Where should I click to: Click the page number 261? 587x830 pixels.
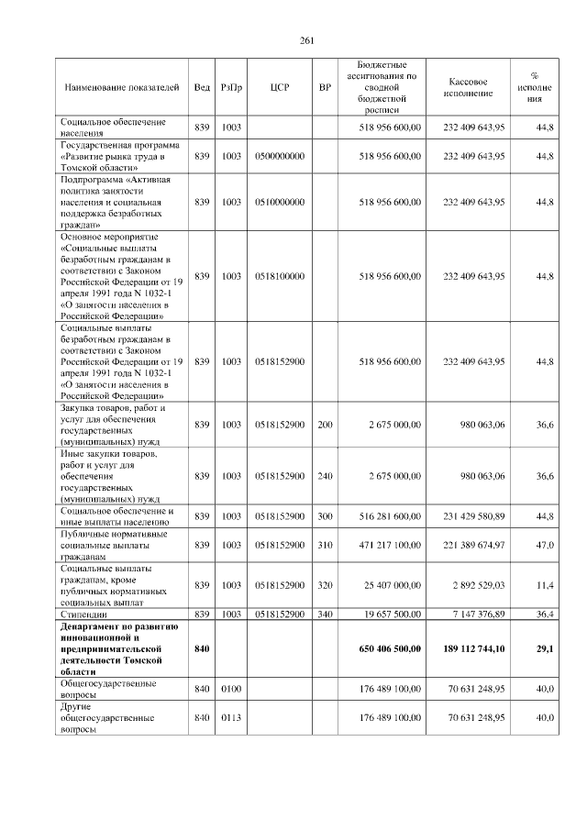[x=307, y=39]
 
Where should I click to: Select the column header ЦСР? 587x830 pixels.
[x=280, y=87]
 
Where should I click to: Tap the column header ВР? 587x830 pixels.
[x=324, y=87]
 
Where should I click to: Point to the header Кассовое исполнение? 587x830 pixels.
[x=473, y=87]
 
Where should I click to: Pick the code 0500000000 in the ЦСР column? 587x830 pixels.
[x=280, y=157]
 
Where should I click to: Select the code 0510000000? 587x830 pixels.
[x=280, y=202]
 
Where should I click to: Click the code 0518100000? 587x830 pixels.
[x=280, y=276]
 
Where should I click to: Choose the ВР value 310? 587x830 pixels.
[x=324, y=546]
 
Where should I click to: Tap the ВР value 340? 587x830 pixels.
[x=324, y=614]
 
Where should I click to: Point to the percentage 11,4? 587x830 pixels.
[x=545, y=585]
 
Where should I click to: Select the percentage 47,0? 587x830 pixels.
[x=545, y=546]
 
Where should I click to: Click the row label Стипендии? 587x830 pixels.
[x=87, y=614]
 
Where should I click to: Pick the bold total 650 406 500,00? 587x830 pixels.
[x=388, y=648]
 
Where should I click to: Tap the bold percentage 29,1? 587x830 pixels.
[x=544, y=648]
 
